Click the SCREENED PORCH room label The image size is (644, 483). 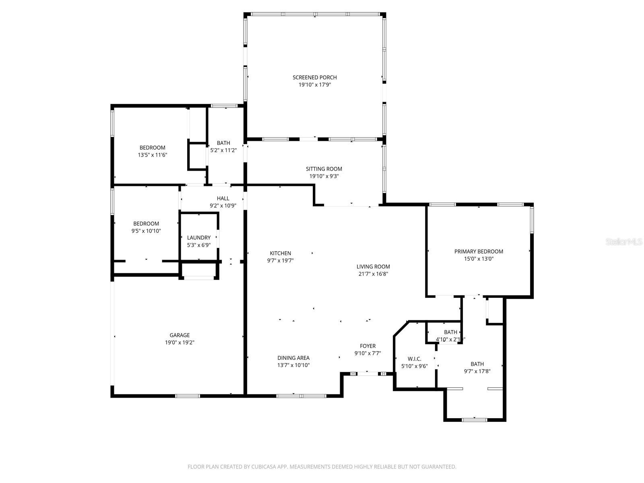point(314,77)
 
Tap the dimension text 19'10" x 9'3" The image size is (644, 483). point(324,176)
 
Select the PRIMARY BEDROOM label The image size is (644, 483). point(479,252)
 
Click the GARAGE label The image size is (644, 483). point(180,335)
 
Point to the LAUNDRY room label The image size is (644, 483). point(199,238)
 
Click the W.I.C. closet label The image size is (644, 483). point(414,359)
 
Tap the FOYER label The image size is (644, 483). point(367,346)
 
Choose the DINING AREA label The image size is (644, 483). point(293,358)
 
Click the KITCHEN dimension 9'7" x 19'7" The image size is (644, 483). point(281,261)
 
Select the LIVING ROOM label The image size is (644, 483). point(373,266)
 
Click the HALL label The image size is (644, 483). point(223,198)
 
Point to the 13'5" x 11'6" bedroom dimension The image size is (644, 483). point(152,155)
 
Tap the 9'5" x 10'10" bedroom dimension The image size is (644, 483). point(146,231)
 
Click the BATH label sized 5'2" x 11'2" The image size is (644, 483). point(223,143)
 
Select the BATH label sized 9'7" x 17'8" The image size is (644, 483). point(477,364)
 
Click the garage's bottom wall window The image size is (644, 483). point(188,396)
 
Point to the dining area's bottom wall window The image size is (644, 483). point(301,396)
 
